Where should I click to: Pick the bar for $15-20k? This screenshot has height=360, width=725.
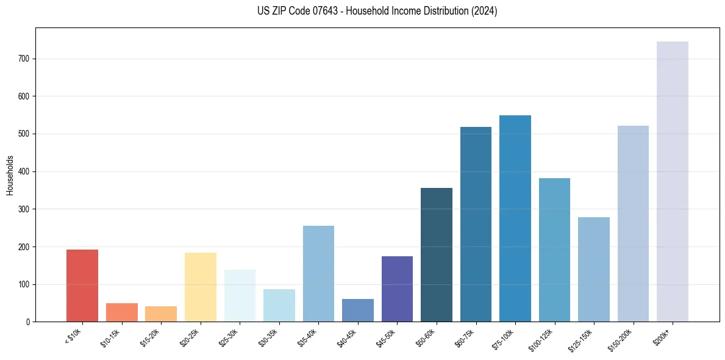[x=161, y=314]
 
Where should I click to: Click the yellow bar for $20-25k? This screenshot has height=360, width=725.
[x=201, y=287]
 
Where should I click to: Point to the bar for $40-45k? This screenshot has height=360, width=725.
[x=358, y=310]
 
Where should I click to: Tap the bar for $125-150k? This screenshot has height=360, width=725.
[x=594, y=269]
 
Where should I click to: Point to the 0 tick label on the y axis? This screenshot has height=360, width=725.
[x=27, y=322]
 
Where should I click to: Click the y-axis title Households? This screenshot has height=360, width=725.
[x=10, y=175]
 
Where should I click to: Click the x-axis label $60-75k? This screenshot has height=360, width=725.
[x=464, y=337]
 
